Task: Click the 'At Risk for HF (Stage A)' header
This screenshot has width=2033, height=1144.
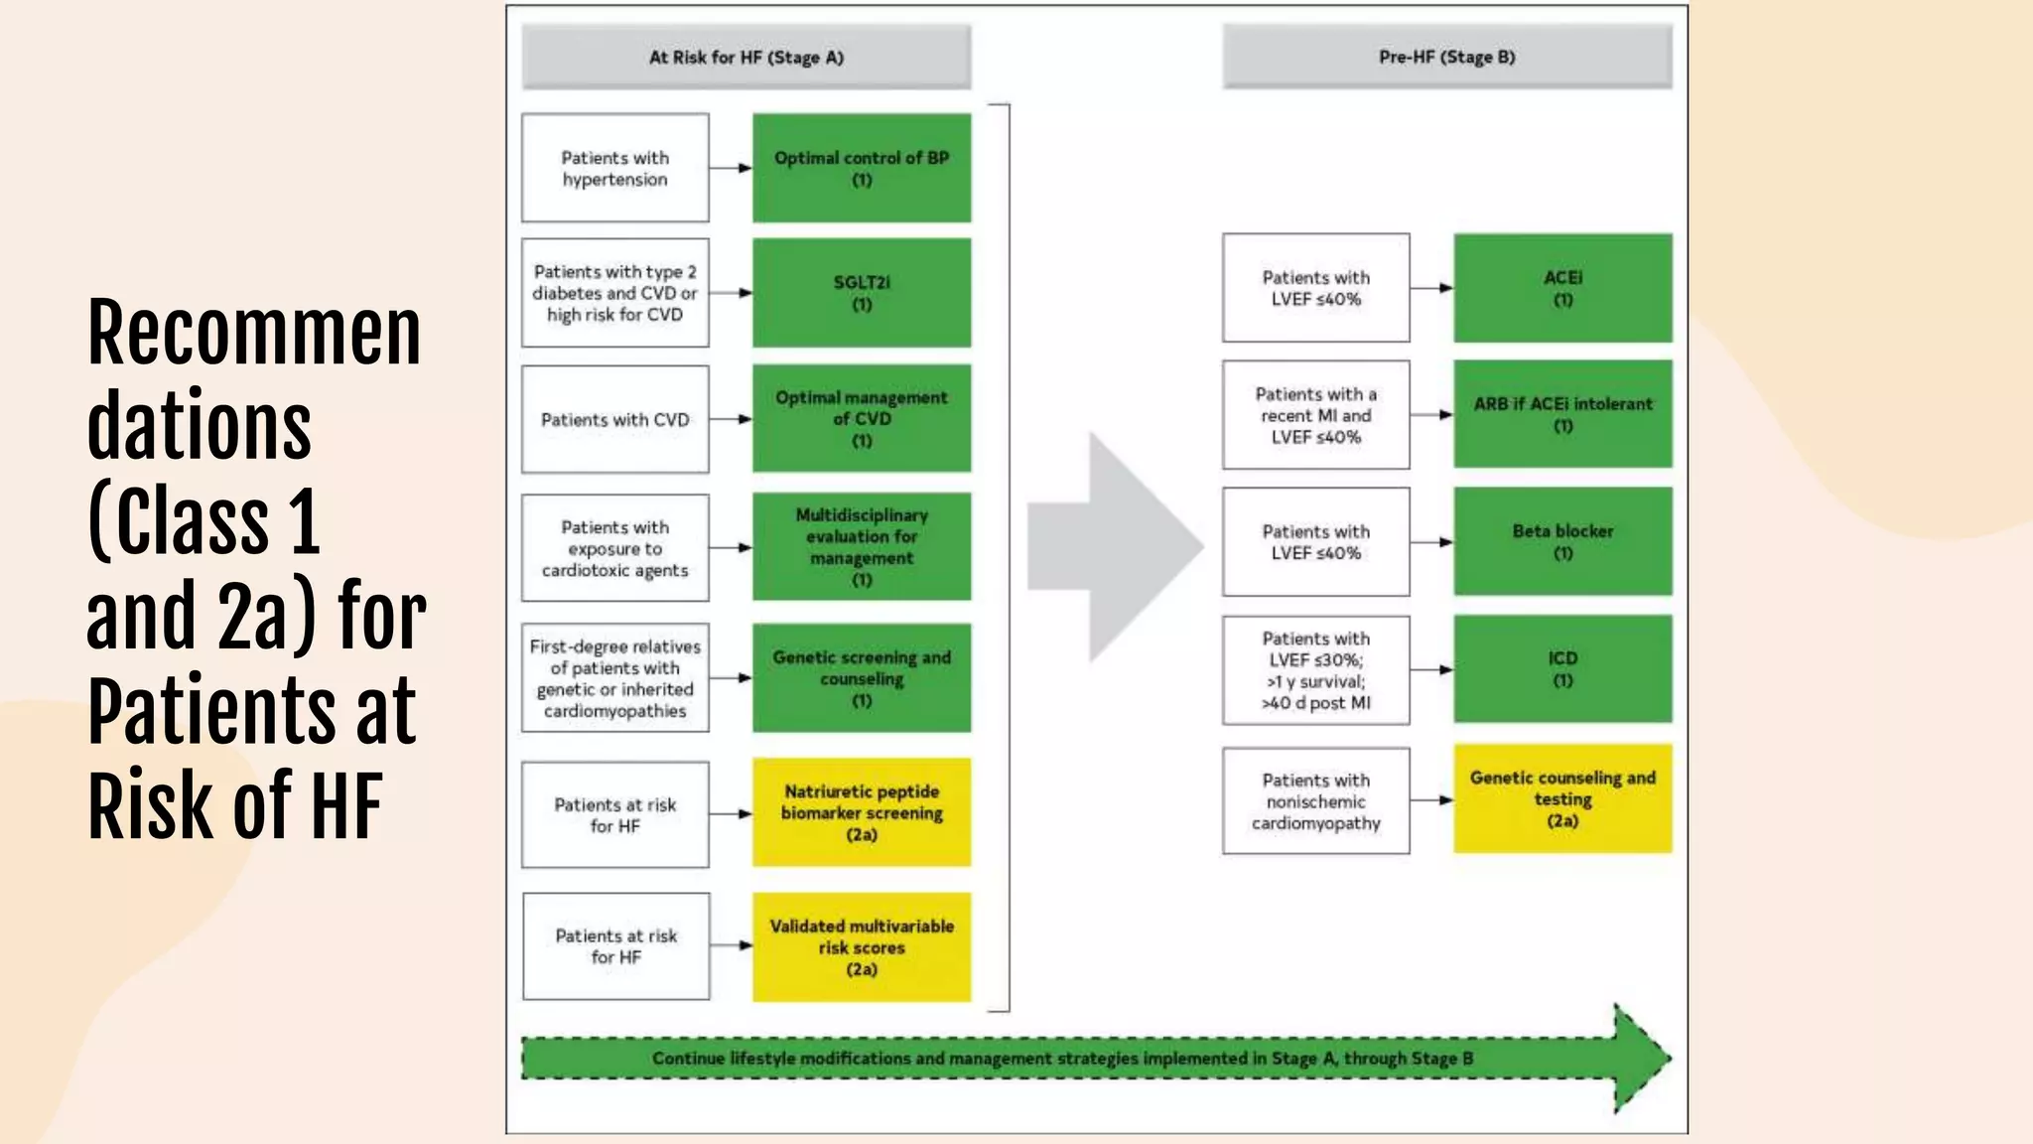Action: pos(745,58)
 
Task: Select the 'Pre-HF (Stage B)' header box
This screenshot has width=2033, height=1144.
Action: pos(1446,58)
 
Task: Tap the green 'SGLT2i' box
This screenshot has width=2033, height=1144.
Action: pos(861,293)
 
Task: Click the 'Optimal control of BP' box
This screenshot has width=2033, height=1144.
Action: pos(861,168)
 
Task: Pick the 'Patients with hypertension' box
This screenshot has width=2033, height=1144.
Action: pos(615,168)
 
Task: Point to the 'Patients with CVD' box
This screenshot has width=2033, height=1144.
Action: pos(615,420)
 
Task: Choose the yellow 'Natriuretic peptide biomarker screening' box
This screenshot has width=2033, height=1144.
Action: pos(861,812)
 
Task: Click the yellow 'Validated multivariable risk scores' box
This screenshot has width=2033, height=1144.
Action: pos(861,946)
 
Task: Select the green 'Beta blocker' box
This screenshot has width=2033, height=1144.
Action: pos(1562,542)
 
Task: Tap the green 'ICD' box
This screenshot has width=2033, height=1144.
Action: pos(1562,668)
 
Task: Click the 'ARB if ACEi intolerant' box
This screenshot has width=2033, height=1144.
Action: pos(1562,414)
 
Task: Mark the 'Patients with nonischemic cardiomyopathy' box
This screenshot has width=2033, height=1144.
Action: pos(1315,801)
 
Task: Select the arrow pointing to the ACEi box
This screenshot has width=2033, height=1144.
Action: pos(1431,288)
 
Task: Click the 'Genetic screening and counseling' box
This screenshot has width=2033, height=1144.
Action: pos(861,678)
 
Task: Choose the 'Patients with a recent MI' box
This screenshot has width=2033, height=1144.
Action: pos(1315,415)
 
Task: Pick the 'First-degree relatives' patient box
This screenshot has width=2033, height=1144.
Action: pos(615,678)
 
